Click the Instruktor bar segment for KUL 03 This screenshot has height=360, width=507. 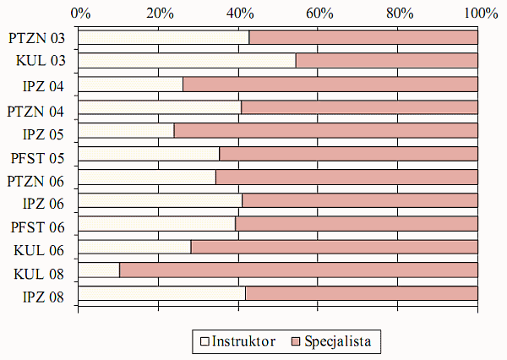click(187, 61)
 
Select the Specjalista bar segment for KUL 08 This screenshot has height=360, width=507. click(298, 270)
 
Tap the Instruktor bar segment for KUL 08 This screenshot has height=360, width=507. click(99, 270)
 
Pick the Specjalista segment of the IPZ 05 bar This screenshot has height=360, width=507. click(325, 130)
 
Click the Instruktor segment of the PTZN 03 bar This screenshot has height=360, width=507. click(163, 37)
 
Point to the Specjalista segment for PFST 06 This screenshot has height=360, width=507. click(357, 224)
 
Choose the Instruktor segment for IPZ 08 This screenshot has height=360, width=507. click(161, 293)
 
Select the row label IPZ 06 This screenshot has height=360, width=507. click(44, 204)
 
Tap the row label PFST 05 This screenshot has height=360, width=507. click(38, 157)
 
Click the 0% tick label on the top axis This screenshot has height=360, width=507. click(79, 13)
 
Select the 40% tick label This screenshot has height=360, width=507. click(240, 13)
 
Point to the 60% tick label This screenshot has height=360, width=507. click(319, 13)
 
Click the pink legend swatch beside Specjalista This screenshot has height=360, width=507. click(295, 342)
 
